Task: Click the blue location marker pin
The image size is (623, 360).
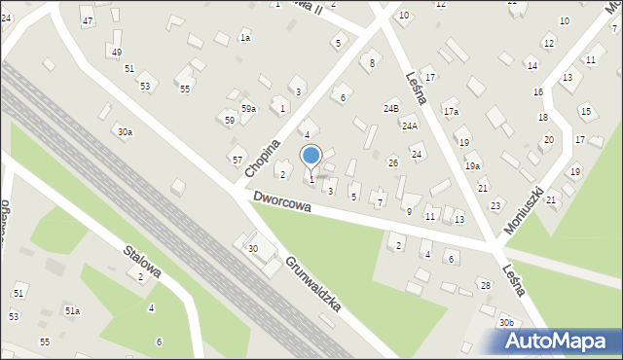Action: click(311, 157)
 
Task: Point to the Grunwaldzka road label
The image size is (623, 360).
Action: click(312, 283)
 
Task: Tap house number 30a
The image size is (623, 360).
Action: click(125, 131)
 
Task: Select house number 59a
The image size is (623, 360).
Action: click(249, 108)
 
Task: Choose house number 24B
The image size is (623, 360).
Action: click(391, 108)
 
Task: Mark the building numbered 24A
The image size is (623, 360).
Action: click(410, 126)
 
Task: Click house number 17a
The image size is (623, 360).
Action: click(451, 112)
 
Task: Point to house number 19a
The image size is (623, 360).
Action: click(472, 166)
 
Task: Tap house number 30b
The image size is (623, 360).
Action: click(506, 322)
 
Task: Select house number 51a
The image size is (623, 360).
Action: click(72, 310)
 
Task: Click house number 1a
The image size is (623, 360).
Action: click(245, 38)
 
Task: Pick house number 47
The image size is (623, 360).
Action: click(88, 21)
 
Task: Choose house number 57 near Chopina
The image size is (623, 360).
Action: click(238, 159)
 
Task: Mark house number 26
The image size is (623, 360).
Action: click(393, 162)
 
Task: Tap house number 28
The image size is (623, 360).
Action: click(485, 285)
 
